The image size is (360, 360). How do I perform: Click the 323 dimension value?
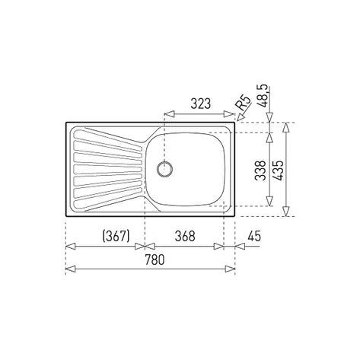200,104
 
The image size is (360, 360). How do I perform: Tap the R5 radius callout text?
243,102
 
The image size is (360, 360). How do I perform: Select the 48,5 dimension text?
264,96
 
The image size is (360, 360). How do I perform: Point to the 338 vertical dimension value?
260,170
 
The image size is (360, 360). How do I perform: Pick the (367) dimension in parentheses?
116,236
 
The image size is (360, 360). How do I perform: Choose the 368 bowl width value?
185,236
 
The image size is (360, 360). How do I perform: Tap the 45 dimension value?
254,236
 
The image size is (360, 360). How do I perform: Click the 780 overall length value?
155,260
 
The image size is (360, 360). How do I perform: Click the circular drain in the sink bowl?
164,169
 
